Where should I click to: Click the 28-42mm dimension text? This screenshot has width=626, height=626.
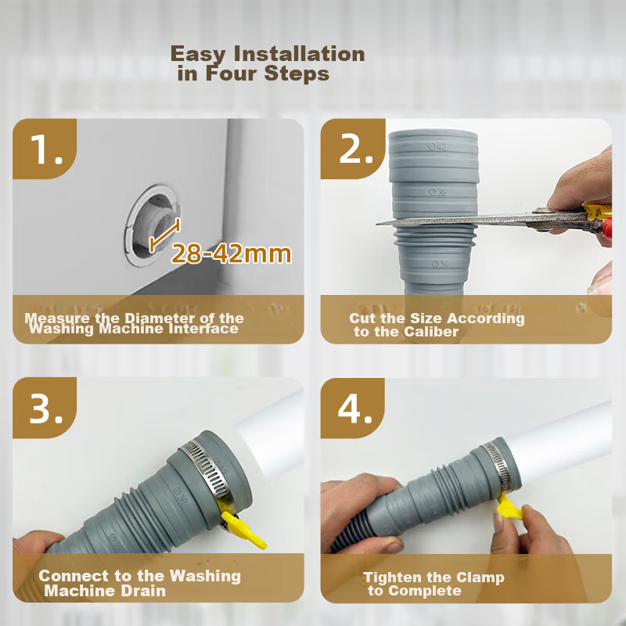(x=231, y=254)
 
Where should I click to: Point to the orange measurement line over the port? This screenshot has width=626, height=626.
(x=164, y=235)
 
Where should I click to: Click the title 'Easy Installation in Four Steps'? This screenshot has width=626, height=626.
(x=268, y=64)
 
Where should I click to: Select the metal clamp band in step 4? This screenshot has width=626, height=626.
(x=492, y=462)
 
